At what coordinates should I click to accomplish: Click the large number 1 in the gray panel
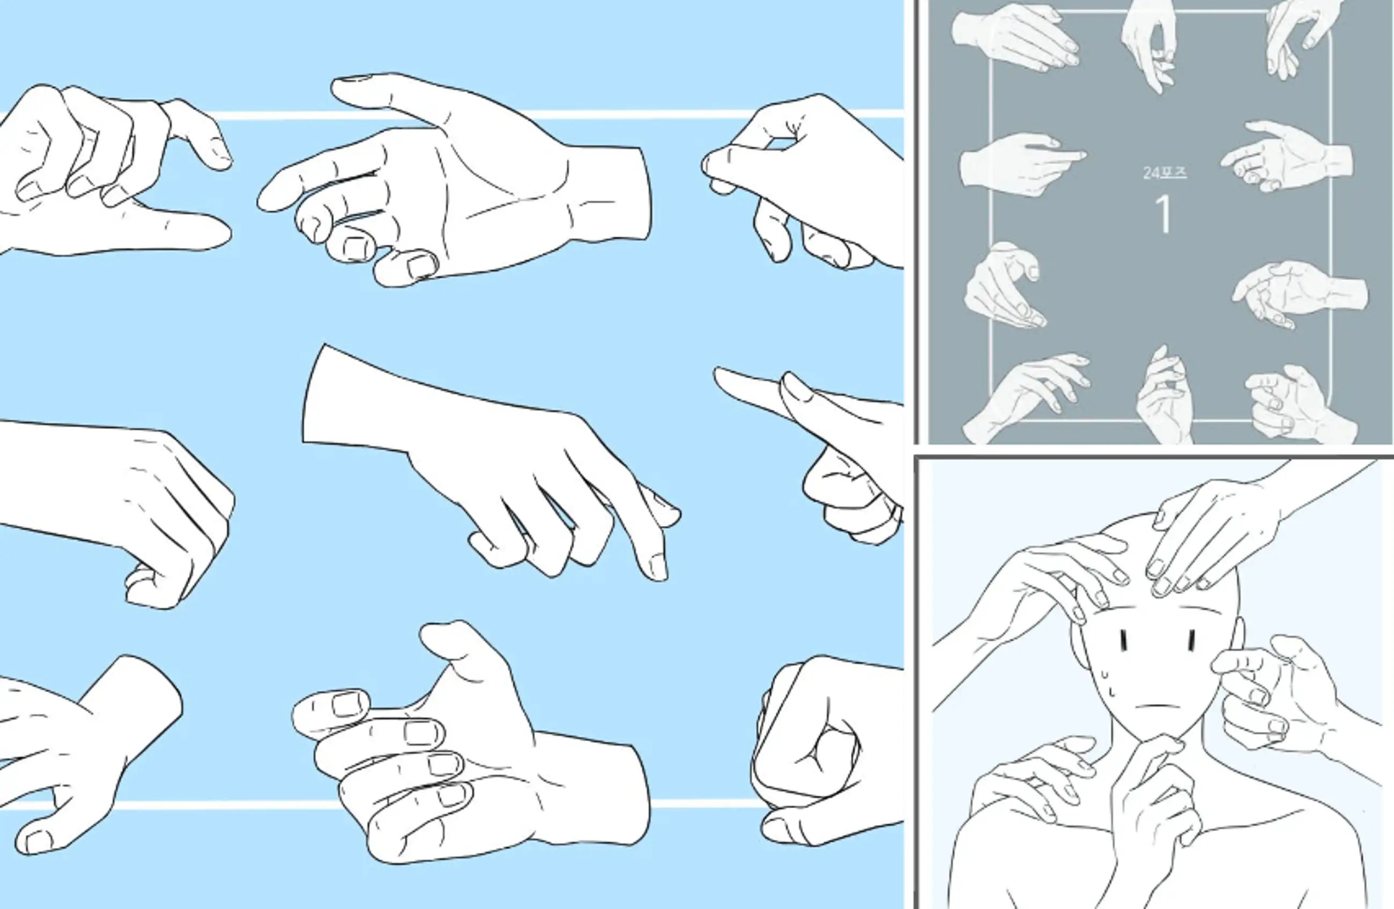tap(1164, 215)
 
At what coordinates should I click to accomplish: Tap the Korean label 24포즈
tap(1165, 173)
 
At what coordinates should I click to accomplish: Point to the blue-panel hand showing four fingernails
tap(469, 750)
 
